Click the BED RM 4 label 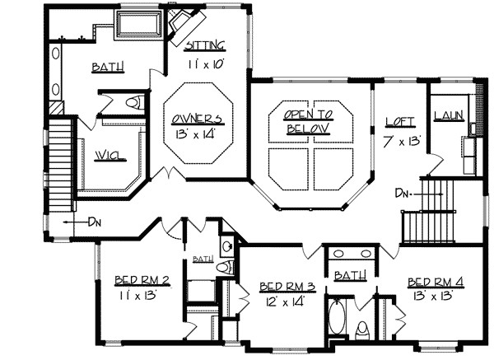click(x=436, y=281)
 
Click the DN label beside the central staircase click(x=403, y=194)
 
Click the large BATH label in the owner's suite click(x=108, y=68)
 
